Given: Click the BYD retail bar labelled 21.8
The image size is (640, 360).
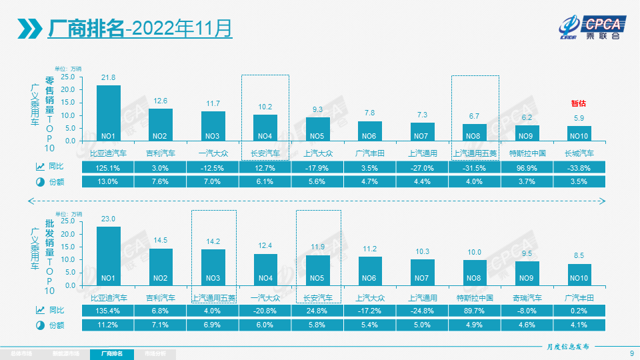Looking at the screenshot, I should (x=109, y=113).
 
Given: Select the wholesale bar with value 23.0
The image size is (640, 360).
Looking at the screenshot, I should (x=109, y=256).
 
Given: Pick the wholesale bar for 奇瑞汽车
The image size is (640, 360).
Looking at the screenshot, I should (x=527, y=273).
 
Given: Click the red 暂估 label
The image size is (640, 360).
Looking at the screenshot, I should (x=579, y=103).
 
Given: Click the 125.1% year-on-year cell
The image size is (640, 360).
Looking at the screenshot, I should (x=108, y=167).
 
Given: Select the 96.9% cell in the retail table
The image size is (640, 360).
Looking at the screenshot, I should (x=527, y=167).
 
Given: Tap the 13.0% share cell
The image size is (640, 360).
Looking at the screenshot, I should (x=108, y=181).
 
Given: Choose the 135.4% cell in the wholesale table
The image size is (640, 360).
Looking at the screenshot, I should (x=108, y=311).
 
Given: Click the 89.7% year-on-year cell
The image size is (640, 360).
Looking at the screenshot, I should (x=475, y=311).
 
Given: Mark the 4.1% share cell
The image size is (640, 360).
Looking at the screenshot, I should (x=579, y=325).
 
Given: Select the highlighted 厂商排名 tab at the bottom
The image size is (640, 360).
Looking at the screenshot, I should (x=111, y=353).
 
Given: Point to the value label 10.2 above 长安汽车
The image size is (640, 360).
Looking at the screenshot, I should (x=265, y=107).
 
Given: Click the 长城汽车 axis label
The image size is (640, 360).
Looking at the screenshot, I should (x=579, y=153).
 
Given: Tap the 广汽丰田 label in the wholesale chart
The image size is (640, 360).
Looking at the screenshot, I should (x=579, y=297).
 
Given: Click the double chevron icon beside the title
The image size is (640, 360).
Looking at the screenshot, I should (x=30, y=29).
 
